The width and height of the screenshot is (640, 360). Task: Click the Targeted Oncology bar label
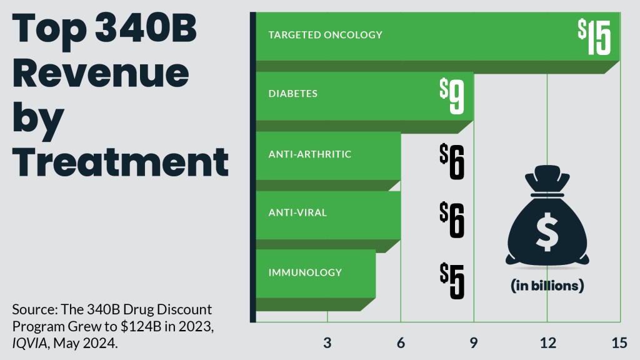tap(325, 35)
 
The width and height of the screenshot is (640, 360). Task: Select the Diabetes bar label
tap(293, 94)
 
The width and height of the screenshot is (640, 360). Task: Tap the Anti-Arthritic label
tap(310, 154)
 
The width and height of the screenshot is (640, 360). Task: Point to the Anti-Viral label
tap(297, 213)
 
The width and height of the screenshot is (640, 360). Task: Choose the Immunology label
tap(305, 272)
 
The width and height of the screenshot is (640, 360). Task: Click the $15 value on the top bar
tap(594, 38)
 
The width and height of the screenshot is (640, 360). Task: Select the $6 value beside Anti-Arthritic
tap(452, 161)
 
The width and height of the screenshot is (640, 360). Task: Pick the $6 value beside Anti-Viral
tap(452, 221)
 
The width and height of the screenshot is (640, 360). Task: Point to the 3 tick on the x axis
tap(327, 342)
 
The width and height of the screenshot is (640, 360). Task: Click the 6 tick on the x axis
tap(401, 342)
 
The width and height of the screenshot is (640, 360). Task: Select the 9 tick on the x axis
tap(474, 342)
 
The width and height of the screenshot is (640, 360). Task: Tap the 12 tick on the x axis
tap(547, 342)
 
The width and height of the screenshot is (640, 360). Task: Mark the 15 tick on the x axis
tap(619, 342)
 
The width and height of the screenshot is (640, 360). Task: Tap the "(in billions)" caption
tap(547, 286)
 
